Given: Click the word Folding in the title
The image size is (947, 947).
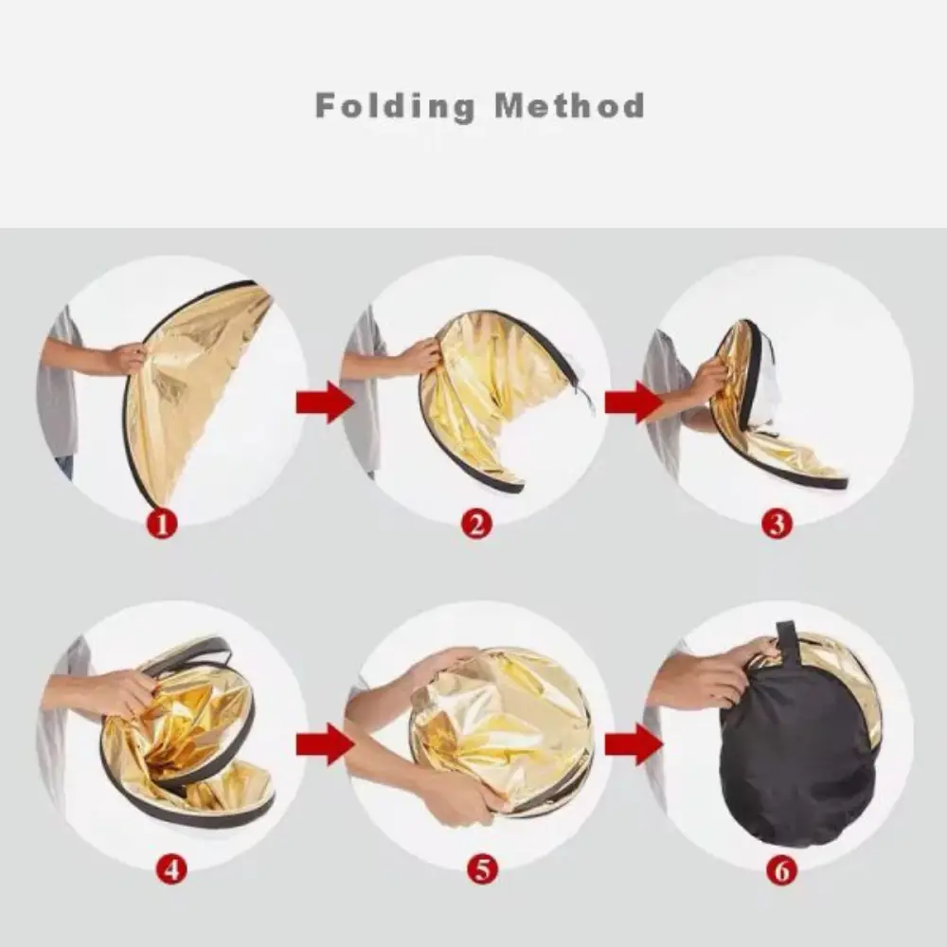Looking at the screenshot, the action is point(395,107).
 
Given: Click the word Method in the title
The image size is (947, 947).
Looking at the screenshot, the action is point(569,106).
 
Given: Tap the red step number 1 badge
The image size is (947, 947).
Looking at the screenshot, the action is point(162,523).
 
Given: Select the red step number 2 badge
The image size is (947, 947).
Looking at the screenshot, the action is point(476,523).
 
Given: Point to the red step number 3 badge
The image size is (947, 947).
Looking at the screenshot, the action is point(777,523).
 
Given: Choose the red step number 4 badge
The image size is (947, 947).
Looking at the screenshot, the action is point(172,870).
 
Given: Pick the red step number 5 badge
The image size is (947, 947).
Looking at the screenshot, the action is point(482,870).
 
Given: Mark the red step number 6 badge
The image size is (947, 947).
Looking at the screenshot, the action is point(781,870).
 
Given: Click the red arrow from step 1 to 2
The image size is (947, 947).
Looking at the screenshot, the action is point(324,402).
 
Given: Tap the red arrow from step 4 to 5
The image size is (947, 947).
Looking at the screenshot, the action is point(324,744).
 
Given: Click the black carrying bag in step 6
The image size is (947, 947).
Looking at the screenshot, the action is point(797,755).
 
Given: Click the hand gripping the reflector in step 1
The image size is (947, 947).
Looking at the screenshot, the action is point(126,358).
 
